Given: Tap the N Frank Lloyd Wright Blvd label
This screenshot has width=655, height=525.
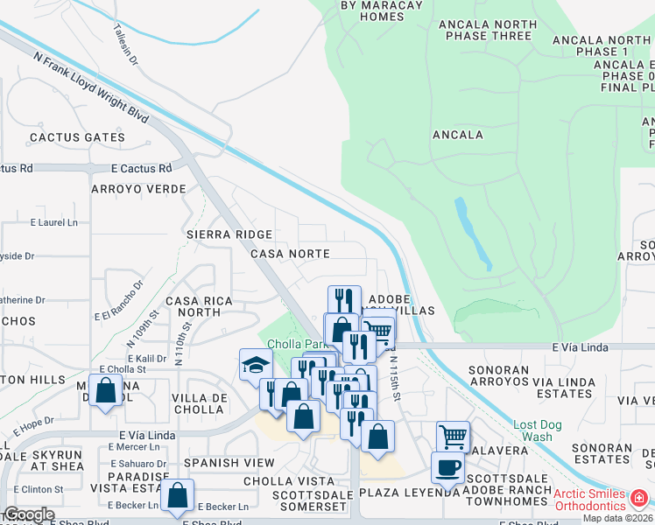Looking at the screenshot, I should [x=90, y=86].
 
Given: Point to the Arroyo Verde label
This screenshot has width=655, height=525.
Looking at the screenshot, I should [x=138, y=189].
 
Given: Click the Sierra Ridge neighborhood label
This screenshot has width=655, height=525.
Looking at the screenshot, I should [x=229, y=234].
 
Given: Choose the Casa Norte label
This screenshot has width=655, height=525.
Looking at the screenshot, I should [x=290, y=254].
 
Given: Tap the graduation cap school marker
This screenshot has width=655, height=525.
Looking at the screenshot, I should [x=255, y=364].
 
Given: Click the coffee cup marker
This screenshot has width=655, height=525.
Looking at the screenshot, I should [x=447, y=466].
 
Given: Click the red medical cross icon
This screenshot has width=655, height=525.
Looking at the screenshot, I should [x=639, y=498].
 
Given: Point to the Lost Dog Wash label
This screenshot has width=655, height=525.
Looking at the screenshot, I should [x=532, y=430].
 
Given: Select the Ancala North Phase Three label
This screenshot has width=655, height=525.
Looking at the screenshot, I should [x=488, y=30].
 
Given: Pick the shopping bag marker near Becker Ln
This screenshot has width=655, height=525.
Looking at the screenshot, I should [x=177, y=495].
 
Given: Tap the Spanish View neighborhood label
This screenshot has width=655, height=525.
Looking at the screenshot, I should [x=229, y=462].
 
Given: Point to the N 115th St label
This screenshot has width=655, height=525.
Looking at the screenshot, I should [x=394, y=376].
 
